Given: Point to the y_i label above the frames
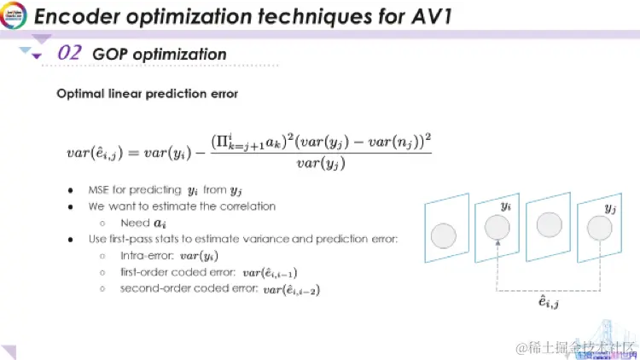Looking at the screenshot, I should (x=505, y=206).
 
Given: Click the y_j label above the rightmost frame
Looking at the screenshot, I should (x=608, y=207).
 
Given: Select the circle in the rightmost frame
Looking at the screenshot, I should (x=600, y=228).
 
